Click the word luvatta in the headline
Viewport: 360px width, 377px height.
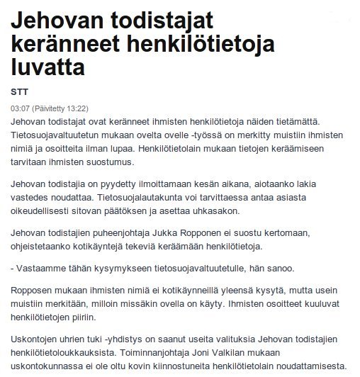49,69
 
